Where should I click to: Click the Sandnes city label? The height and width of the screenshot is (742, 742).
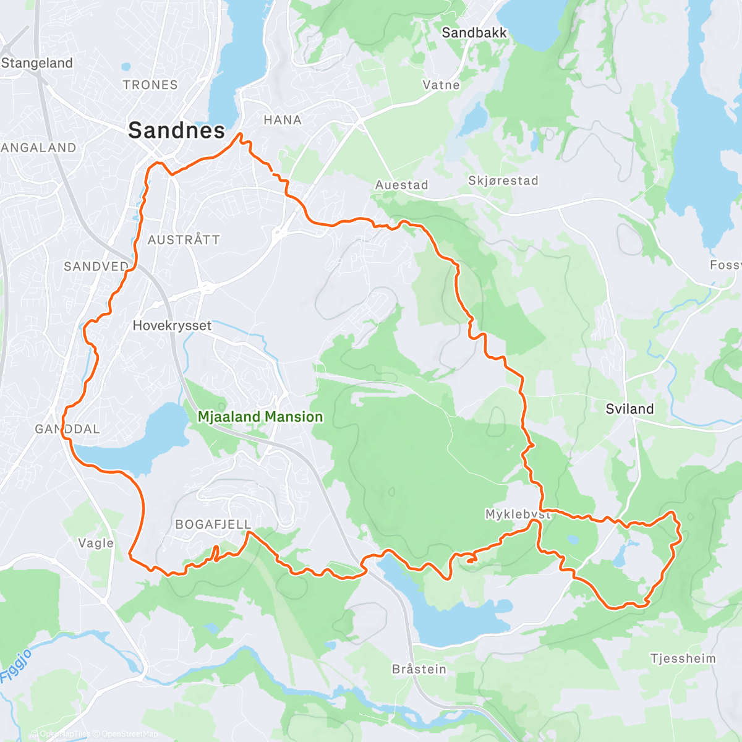tap(176, 130)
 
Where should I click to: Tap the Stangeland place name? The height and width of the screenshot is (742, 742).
tap(37, 63)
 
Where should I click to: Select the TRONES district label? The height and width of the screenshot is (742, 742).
tap(150, 85)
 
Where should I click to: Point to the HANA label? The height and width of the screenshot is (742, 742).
tap(283, 120)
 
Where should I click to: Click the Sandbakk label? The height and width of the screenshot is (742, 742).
tap(474, 33)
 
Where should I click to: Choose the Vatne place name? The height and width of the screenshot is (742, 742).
tap(441, 85)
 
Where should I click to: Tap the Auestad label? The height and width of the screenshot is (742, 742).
tap(401, 185)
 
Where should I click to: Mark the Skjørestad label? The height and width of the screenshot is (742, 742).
tap(503, 181)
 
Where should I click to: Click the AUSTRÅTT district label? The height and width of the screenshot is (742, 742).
tap(184, 240)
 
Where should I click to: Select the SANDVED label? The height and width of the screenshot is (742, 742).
tap(96, 267)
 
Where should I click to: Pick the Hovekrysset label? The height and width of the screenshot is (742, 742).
tap(172, 325)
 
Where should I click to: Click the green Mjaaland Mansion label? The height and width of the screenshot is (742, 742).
tap(260, 417)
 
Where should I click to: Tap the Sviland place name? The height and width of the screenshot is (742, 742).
tap(629, 409)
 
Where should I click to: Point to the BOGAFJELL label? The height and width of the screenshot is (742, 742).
tap(213, 524)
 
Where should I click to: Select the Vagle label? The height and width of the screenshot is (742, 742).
tap(96, 543)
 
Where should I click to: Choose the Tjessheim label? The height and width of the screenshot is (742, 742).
tap(683, 659)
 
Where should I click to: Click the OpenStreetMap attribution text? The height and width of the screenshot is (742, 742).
tap(129, 734)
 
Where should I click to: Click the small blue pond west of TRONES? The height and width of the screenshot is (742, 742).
tap(126, 66)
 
